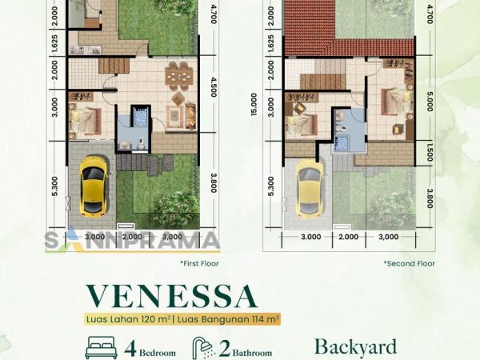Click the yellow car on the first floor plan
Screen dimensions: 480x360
pyautogui.click(x=94, y=186)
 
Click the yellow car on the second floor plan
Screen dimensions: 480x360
pyautogui.click(x=310, y=188)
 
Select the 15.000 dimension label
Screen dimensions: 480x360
pyautogui.click(x=254, y=104)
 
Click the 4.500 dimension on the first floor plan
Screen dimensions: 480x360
pyautogui.click(x=214, y=86)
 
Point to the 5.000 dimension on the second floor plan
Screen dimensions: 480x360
pyautogui.click(x=430, y=101)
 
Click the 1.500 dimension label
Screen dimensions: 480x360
pyautogui.click(x=430, y=150)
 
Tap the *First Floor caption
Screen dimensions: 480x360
pyautogui.click(x=199, y=263)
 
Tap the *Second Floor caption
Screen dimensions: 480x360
pyautogui.click(x=410, y=263)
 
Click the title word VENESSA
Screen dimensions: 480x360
pyautogui.click(x=171, y=296)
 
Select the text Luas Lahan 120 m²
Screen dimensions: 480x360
pyautogui.click(x=128, y=319)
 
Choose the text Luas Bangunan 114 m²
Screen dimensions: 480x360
pyautogui.click(x=228, y=319)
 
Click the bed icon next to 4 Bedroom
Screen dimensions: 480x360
pyautogui.click(x=101, y=348)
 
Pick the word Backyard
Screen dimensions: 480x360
pyautogui.click(x=355, y=347)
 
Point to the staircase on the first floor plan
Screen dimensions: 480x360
pyautogui.click(x=114, y=66)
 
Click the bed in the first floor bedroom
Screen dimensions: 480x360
pyautogui.click(x=85, y=122)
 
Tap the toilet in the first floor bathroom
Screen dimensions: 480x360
pyautogui.click(x=141, y=143)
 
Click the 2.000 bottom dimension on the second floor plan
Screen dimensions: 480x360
pyautogui.click(x=349, y=237)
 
